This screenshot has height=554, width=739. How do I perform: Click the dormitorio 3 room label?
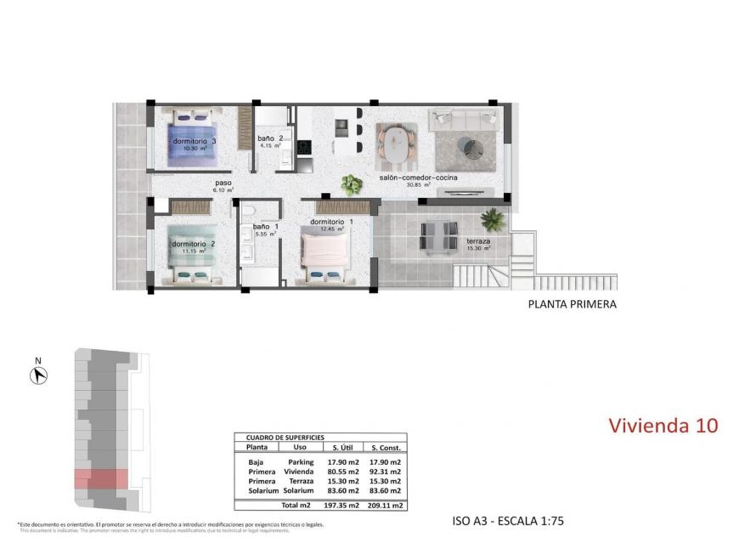pos(194,141)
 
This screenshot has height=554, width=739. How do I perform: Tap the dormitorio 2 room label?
pos(193,244)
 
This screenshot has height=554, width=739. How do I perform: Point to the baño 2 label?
pos(270,138)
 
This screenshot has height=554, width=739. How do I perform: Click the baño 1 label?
pos(261,227)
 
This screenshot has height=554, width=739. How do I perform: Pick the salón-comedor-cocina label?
pos(418,178)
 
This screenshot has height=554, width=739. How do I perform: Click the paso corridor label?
pos(223,183)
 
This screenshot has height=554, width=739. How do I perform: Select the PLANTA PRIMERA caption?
pos(572,303)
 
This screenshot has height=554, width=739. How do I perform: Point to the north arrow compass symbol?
pos(38,374)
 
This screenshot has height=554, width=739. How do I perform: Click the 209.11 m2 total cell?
pos(385,505)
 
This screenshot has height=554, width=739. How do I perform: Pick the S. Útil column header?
pos(342,447)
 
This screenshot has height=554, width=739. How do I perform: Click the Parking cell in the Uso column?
pos(301,461)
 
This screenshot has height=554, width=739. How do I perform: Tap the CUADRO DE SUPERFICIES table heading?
pos(279,437)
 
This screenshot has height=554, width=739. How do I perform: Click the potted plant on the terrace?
pos(492,220)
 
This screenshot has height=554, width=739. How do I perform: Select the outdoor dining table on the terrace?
pos(439,235)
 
